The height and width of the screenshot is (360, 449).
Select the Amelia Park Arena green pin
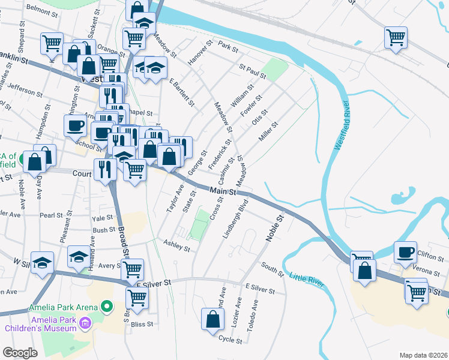coord(107,307)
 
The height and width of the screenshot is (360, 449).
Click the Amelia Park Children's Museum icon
coord(85,325)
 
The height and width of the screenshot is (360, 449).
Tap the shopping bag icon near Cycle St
coord(212,319)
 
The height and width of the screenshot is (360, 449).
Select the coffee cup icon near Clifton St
coord(406,251)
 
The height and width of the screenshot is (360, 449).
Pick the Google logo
coord(20,352)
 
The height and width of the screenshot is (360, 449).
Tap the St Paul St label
coord(252,71)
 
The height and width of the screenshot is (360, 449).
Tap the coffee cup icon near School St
coord(76,125)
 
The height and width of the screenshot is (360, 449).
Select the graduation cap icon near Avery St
coord(78,257)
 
